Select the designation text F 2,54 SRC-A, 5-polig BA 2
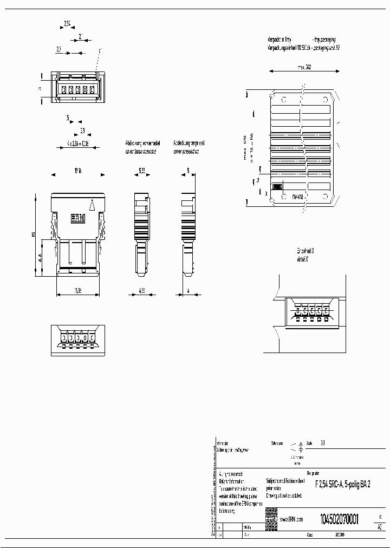(x=343, y=485)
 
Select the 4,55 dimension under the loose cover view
(x=141, y=290)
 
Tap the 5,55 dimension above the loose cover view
(x=141, y=170)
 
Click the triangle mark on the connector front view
(x=92, y=205)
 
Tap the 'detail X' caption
(x=302, y=259)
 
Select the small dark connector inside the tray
(x=277, y=186)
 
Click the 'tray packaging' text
(x=324, y=40)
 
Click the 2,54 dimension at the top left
(x=67, y=23)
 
